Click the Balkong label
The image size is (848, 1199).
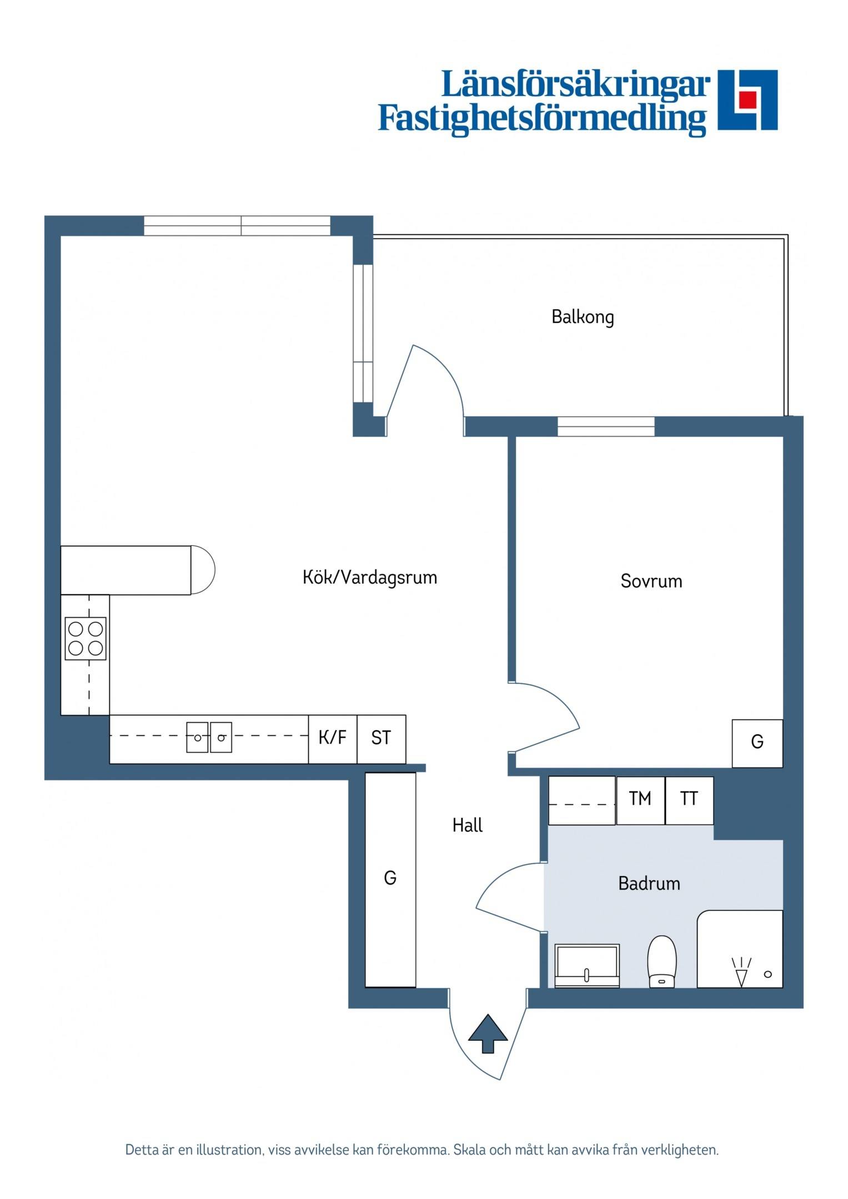point(583,317)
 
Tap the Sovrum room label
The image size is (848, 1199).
point(651,581)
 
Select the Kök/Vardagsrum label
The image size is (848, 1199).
point(370,577)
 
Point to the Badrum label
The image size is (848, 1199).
point(649,883)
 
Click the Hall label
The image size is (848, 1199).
point(468,825)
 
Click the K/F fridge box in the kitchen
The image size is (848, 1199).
point(333,739)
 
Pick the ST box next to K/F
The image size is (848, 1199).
point(382,739)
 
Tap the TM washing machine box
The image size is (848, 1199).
point(640,800)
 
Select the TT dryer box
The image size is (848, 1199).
point(689,800)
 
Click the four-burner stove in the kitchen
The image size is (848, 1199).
point(86,639)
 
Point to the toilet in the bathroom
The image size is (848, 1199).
point(662,962)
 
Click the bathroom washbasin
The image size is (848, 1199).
point(587,966)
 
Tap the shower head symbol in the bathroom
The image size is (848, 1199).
point(741,972)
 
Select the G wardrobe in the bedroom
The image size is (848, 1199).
point(757,744)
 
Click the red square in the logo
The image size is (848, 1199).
point(747,99)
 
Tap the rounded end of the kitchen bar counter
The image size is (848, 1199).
point(203,570)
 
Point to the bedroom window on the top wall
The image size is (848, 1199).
point(606,427)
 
